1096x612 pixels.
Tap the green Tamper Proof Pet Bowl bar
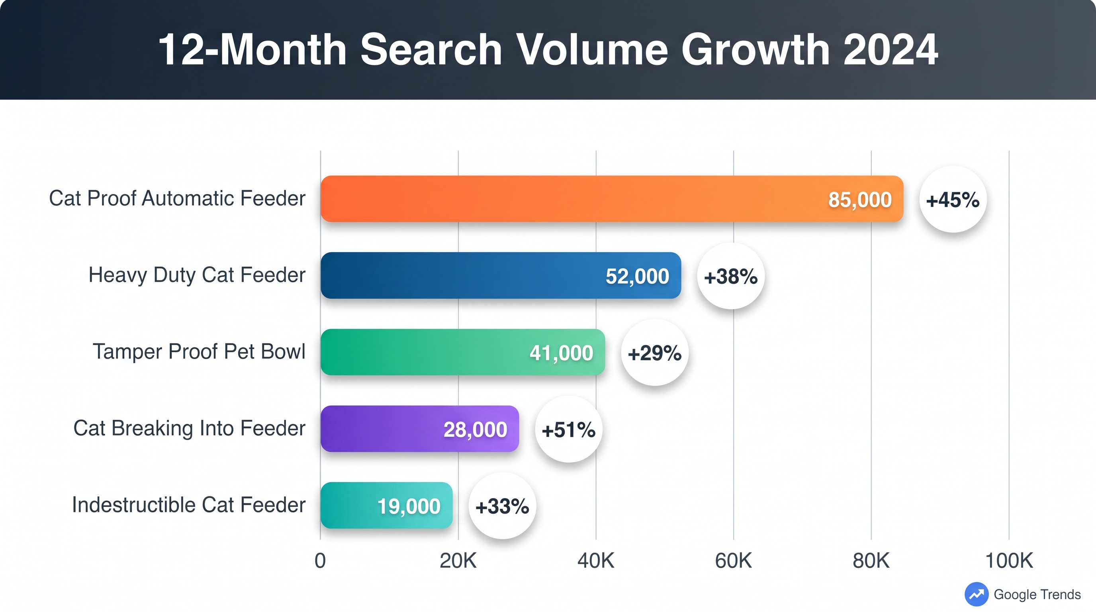425,352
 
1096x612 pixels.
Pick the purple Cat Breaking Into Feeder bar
383,429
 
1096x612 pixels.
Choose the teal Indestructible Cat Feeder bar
349,505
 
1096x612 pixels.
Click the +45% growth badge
953,200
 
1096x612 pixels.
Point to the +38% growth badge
730,276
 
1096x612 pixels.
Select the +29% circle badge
654,353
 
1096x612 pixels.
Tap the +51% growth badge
568,430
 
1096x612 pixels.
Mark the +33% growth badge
502,506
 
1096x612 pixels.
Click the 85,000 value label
859,200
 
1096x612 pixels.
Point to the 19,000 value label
409,506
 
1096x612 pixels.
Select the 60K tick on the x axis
733,561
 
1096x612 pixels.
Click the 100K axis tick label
1009,561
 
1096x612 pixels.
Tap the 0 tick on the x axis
320,561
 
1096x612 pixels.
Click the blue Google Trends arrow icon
976,594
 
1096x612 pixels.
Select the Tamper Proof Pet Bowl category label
199,351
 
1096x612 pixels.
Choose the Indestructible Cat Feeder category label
188,505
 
